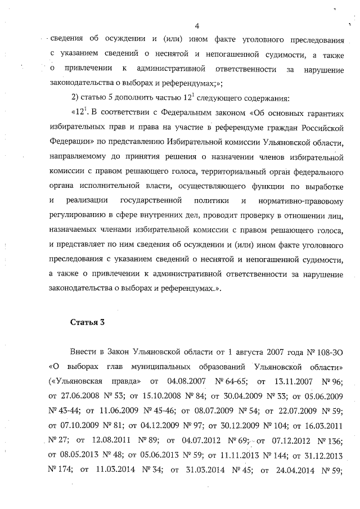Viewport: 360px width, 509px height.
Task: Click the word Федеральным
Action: [x=164, y=113]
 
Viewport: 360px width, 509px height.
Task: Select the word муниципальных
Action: [x=161, y=367]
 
